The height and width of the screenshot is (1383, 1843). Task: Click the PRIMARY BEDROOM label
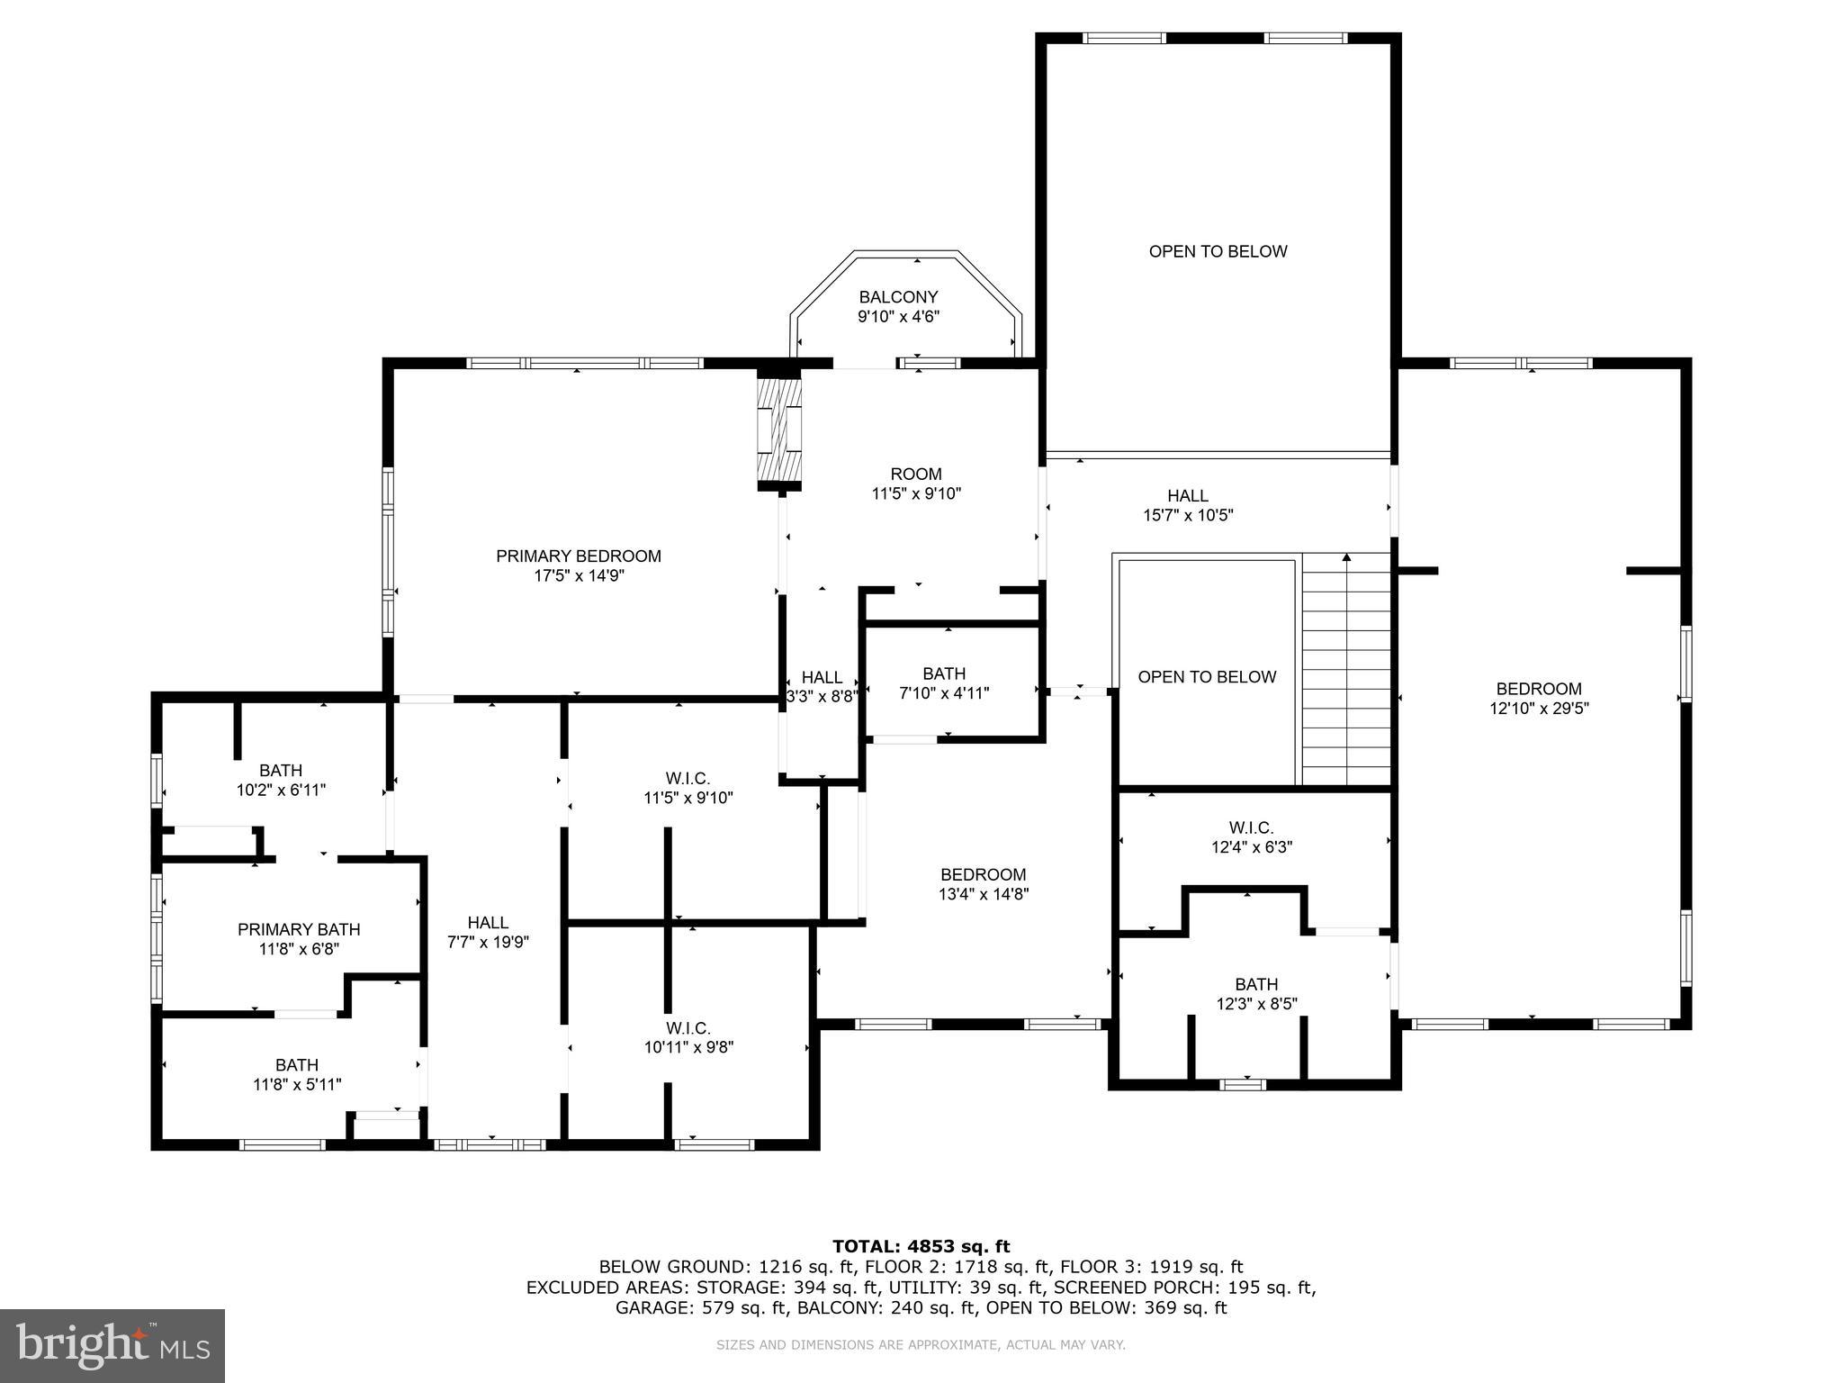pos(579,556)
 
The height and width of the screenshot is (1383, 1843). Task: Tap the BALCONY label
pos(898,297)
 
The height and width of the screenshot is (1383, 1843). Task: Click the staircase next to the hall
pos(1346,671)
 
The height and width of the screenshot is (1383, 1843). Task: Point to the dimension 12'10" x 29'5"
pos(1539,709)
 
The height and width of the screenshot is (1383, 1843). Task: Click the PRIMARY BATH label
pos(299,929)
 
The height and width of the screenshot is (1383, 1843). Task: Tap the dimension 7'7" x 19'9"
pos(488,943)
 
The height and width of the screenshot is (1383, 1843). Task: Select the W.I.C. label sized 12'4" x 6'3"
pos(1251,827)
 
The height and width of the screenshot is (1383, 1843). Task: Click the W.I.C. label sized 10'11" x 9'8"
pos(688,1028)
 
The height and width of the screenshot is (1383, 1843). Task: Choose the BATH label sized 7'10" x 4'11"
pos(944,673)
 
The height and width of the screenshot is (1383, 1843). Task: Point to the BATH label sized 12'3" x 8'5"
pos(1256,984)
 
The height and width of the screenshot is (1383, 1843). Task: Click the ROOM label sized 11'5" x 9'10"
pos(916,475)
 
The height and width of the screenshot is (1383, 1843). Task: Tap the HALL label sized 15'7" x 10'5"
pos(1188,496)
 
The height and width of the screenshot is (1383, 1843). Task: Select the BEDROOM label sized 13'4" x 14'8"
pos(983,874)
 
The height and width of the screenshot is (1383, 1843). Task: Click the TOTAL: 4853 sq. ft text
pos(921,1246)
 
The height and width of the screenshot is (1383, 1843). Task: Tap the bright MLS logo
pos(112,1346)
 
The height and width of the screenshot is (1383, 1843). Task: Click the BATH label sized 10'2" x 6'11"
pos(281,771)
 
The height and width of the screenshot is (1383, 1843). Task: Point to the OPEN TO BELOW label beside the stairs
pos(1207,677)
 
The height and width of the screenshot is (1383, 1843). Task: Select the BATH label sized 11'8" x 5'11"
pos(297,1065)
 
